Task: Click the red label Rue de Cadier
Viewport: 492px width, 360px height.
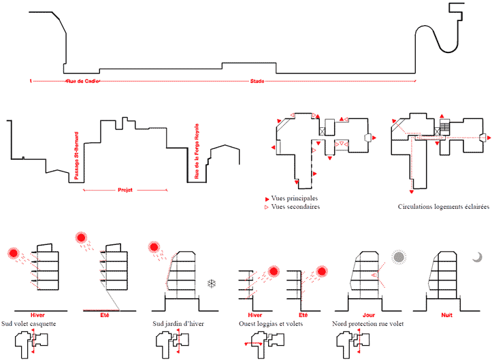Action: pos(82,82)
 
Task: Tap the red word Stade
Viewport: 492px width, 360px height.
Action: pos(257,82)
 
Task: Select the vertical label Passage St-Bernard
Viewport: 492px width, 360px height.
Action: pos(76,155)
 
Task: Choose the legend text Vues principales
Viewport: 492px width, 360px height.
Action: pos(295,199)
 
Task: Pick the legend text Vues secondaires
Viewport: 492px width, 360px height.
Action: pos(295,207)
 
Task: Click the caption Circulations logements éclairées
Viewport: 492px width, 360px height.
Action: pos(444,207)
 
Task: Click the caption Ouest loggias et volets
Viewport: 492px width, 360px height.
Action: pos(271,324)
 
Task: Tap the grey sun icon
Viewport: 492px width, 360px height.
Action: pos(398,257)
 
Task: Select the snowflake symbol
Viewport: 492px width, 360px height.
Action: pos(212,282)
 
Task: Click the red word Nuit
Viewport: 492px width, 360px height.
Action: pos(446,315)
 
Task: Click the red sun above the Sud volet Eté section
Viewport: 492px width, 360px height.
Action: pos(82,238)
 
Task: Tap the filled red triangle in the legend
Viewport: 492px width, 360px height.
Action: pos(266,199)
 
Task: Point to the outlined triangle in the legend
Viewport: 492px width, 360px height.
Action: pos(266,207)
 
